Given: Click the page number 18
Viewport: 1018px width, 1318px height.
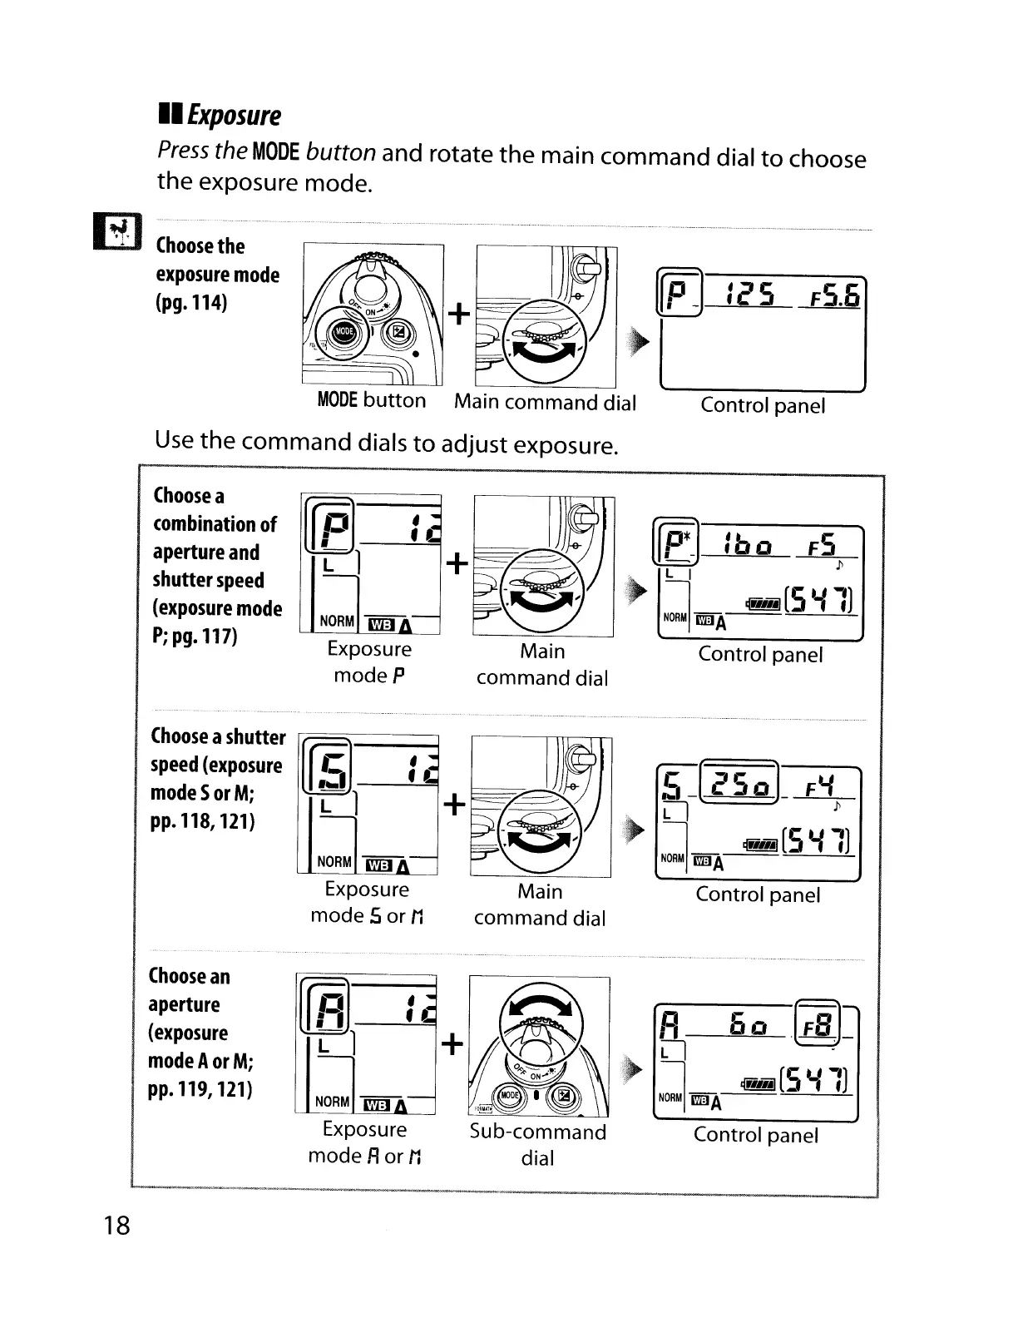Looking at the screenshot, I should [x=117, y=1224].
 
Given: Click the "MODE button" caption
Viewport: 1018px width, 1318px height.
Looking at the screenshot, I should [x=371, y=400].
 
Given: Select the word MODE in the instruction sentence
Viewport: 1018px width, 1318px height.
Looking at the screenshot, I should [x=274, y=152].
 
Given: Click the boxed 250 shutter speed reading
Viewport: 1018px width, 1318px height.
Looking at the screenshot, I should [x=739, y=784].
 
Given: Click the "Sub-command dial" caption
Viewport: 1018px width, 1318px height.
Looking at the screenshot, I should [x=537, y=1144].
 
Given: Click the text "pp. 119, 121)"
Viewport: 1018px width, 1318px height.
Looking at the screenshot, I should [x=200, y=1089].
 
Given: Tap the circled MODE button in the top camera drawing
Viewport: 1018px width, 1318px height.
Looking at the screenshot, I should [x=343, y=333].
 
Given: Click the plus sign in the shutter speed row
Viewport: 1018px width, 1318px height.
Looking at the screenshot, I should [x=454, y=804].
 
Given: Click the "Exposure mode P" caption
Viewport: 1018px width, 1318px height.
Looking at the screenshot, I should [x=369, y=661].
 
